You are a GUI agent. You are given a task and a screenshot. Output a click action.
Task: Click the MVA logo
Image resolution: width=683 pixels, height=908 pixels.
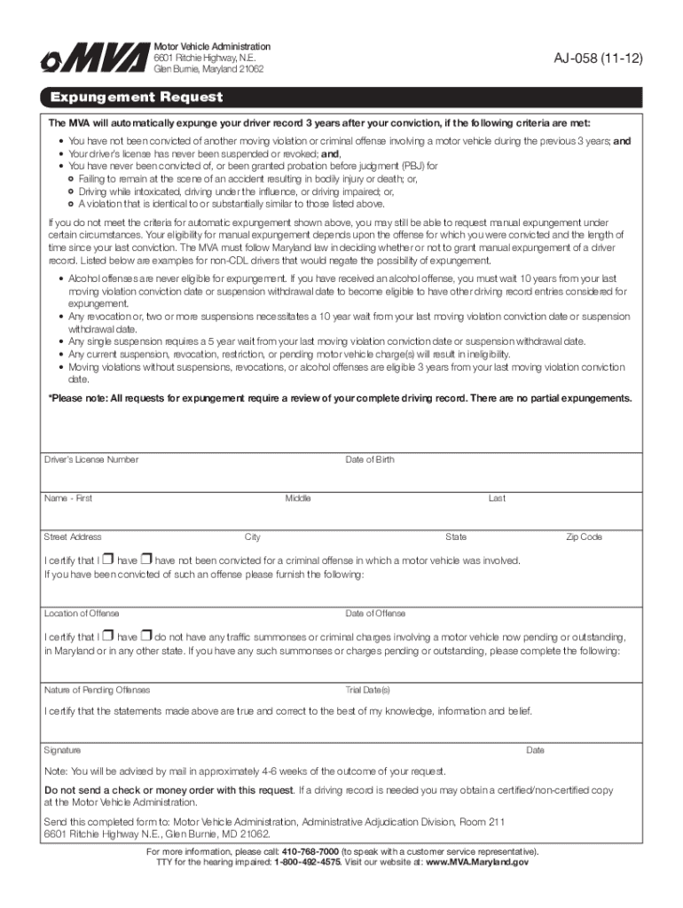[93, 59]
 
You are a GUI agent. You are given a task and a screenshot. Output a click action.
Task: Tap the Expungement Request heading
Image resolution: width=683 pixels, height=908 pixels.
[137, 98]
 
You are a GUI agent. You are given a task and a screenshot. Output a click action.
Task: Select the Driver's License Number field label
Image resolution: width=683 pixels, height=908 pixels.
[91, 459]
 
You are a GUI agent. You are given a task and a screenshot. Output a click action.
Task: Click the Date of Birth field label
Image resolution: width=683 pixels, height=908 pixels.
[370, 459]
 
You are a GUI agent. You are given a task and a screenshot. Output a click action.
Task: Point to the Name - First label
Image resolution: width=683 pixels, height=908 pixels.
[68, 498]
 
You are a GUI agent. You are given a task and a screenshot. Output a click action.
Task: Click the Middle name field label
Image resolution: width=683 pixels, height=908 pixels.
[298, 498]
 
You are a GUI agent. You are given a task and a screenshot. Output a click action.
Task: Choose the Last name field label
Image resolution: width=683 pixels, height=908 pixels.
[497, 498]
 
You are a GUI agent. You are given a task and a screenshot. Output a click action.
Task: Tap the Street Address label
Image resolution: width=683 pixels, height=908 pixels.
[73, 536]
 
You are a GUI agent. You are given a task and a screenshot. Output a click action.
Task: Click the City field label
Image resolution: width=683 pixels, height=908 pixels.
[253, 536]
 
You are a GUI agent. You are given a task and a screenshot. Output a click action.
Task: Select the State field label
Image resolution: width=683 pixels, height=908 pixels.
[456, 536]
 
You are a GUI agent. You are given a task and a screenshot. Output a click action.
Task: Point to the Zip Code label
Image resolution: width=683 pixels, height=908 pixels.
[585, 536]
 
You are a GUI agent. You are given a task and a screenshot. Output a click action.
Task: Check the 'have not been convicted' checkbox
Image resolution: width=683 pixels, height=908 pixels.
[147, 560]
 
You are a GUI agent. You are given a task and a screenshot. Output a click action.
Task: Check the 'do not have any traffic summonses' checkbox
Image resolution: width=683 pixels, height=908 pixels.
[147, 636]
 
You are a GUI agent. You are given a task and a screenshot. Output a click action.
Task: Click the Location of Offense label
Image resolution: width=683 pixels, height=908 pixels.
[82, 614]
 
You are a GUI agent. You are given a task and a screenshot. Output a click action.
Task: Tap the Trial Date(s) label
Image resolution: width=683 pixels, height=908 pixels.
[367, 690]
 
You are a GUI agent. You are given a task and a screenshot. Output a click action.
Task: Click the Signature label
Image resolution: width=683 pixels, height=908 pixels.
[62, 750]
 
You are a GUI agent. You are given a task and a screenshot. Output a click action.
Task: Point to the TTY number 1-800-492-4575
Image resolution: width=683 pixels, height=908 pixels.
[307, 862]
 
